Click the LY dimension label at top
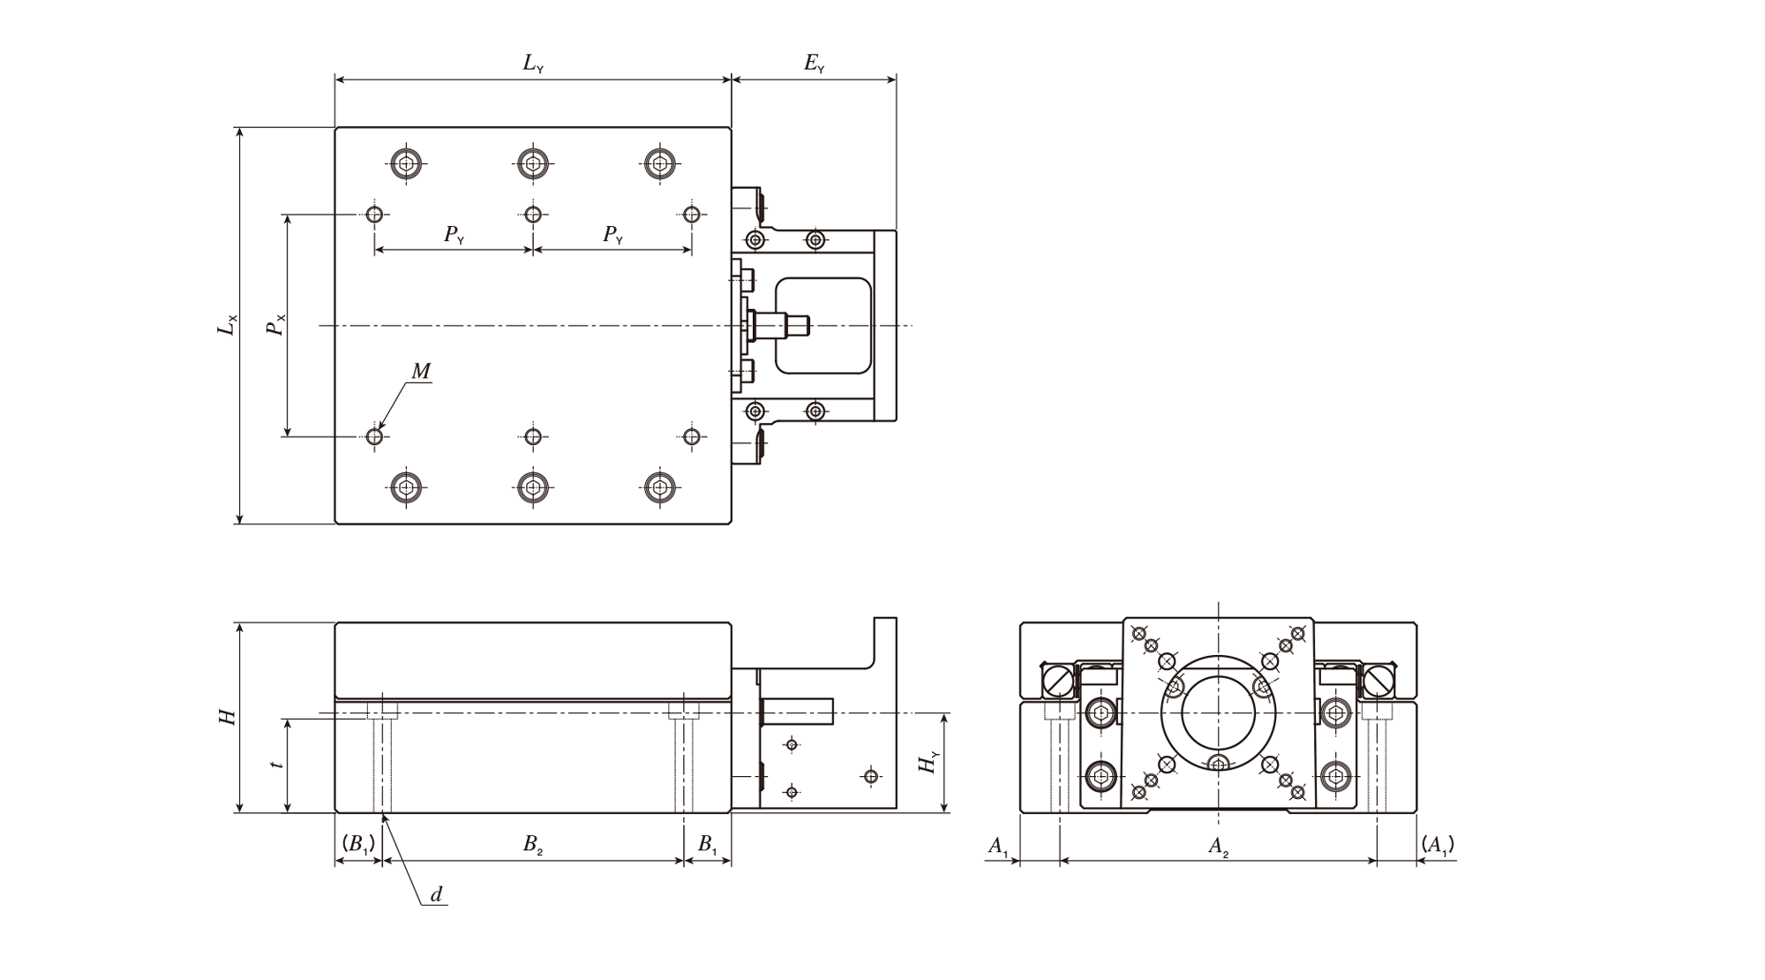coord(533,64)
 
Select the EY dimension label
coord(815,64)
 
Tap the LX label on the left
coord(228,325)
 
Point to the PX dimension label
coord(276,325)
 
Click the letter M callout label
coord(421,372)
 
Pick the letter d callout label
coord(436,894)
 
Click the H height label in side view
coord(228,717)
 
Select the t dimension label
coord(277,764)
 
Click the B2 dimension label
coord(532,845)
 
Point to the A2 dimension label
coord(1219,848)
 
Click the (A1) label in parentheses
coord(1438,846)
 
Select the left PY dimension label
coord(454,235)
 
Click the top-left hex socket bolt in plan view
coord(406,162)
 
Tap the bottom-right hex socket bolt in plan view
coord(659,486)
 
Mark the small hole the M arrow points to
coord(375,436)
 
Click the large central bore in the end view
coord(1218,711)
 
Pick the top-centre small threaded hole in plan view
coord(532,214)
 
